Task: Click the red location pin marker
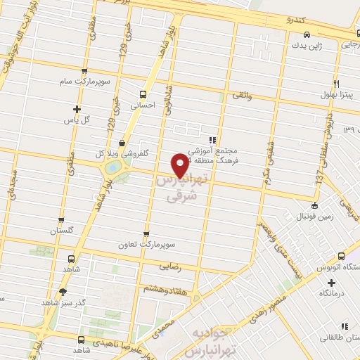point(181,165)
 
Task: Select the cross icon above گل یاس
point(77,109)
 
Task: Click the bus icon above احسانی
point(143,94)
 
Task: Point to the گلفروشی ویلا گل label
point(120,153)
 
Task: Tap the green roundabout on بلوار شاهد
point(111,169)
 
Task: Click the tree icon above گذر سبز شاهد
point(63,292)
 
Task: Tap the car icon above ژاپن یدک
point(307,34)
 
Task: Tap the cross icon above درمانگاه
point(331,282)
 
